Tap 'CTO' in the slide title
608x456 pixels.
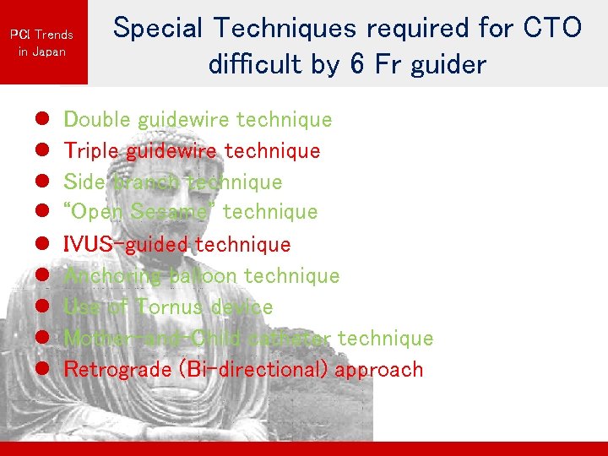(552, 28)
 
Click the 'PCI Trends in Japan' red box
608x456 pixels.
(42, 42)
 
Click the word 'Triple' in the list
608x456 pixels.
(92, 151)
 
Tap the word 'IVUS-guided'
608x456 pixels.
(126, 244)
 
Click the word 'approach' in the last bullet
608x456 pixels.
(379, 371)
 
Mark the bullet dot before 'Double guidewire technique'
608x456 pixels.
(41, 120)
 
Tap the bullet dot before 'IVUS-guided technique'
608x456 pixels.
(41, 245)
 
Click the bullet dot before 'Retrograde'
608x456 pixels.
(41, 370)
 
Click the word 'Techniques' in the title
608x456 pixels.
(284, 30)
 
